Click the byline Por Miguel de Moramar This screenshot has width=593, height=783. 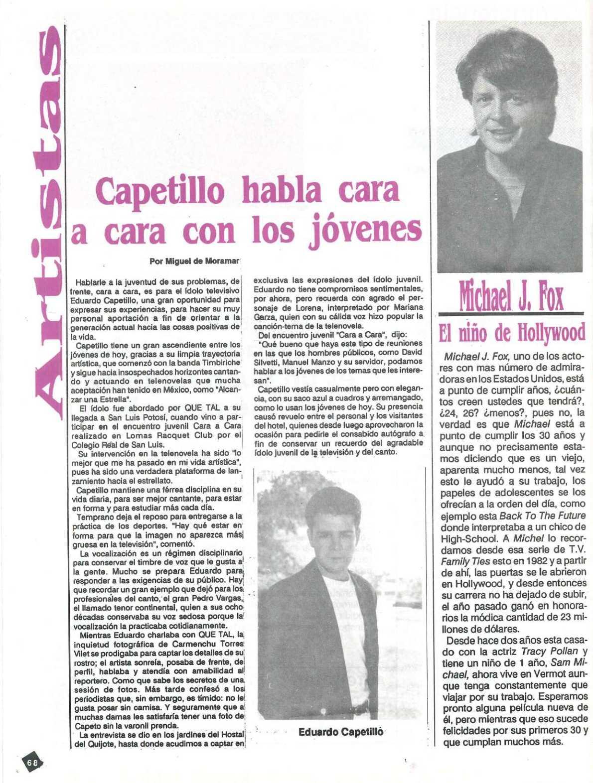point(195,261)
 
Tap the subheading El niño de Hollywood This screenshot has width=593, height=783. point(511,333)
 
